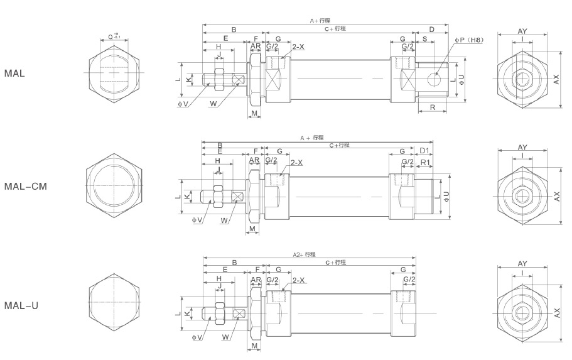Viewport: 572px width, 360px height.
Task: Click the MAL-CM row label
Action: tap(26, 187)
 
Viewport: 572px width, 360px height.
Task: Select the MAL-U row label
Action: tap(22, 306)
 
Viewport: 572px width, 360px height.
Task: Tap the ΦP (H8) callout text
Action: tap(470, 40)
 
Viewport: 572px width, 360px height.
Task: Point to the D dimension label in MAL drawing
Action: tap(432, 30)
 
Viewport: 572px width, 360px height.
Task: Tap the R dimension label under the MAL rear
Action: tap(433, 108)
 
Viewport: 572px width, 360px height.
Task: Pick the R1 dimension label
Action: tap(425, 162)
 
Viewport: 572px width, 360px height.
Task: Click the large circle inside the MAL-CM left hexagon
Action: tap(114, 187)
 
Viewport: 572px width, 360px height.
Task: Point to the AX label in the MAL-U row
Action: tap(557, 311)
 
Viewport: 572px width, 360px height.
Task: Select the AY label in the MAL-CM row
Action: tap(522, 147)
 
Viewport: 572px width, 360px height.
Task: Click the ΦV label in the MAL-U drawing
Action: tap(197, 337)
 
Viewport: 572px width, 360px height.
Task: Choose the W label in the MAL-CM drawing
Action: tap(224, 220)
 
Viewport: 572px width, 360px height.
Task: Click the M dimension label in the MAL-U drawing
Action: tap(254, 346)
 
